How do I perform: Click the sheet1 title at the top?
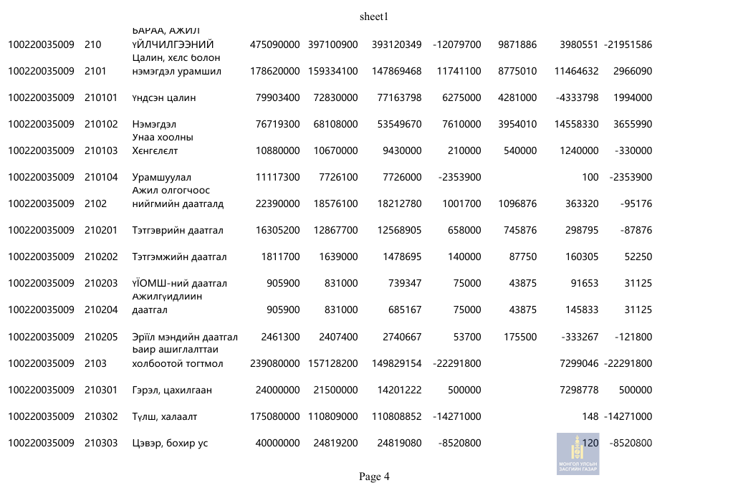[373, 16]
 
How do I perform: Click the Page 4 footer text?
[374, 477]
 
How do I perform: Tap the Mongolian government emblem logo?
[578, 454]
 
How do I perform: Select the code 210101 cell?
[101, 97]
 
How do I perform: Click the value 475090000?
[274, 44]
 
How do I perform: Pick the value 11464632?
[576, 71]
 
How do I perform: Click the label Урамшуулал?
[162, 177]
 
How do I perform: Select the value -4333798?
[577, 97]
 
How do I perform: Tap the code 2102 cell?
[95, 204]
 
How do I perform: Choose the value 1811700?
[277, 257]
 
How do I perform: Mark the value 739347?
[403, 283]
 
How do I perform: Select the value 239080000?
[274, 363]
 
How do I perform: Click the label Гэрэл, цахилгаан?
[172, 390]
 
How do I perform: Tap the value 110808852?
[396, 416]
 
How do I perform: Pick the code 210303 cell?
[101, 443]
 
